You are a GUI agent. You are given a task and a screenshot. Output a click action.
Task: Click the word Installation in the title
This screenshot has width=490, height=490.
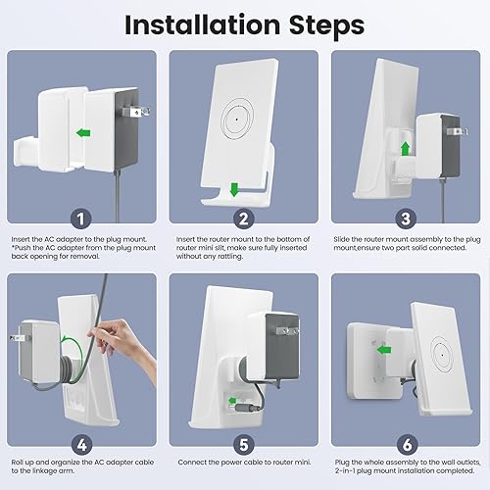click(203, 25)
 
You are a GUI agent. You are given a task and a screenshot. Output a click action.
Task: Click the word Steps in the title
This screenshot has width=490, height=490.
click(326, 26)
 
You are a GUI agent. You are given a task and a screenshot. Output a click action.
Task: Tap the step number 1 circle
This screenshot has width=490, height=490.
click(81, 219)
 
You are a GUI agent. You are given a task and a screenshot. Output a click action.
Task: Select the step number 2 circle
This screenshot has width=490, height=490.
click(244, 219)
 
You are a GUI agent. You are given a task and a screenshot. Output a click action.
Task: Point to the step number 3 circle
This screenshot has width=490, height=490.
click(406, 219)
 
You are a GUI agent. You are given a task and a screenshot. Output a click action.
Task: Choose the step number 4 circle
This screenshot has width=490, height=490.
click(81, 445)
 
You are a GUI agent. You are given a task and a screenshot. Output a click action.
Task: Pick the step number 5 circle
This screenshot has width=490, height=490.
click(244, 445)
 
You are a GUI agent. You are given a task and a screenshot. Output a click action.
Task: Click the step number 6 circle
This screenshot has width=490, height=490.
click(407, 445)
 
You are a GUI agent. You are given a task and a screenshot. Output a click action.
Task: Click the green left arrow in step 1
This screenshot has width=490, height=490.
click(83, 133)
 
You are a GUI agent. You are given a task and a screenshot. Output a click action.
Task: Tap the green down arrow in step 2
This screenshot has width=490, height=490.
click(234, 189)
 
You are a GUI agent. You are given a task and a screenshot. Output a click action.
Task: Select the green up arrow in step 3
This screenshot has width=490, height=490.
click(406, 149)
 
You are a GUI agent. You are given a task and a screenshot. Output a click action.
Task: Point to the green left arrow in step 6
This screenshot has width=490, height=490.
click(384, 350)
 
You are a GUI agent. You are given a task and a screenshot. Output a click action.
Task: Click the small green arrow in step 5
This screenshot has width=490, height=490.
click(232, 401)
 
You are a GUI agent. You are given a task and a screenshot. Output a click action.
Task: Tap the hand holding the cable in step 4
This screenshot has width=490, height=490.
click(124, 343)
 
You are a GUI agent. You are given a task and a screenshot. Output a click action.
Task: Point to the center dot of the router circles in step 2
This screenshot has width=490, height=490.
click(237, 120)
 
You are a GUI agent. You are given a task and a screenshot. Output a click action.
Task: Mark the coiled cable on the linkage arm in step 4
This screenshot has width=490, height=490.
click(67, 367)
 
